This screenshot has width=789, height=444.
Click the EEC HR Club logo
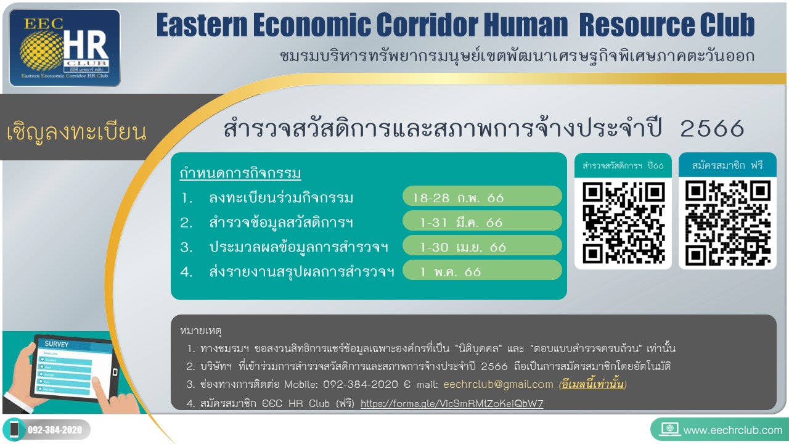pyautogui.click(x=65, y=48)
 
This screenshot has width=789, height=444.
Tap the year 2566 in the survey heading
pyautogui.click(x=712, y=128)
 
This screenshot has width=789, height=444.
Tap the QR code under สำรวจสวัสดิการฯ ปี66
pyautogui.click(x=623, y=223)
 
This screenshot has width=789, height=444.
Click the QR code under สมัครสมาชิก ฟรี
pyautogui.click(x=728, y=223)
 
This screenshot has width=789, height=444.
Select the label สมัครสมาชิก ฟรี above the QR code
pyautogui.click(x=727, y=165)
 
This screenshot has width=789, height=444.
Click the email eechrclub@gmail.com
pyautogui.click(x=498, y=384)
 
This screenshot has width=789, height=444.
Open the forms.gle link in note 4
pyautogui.click(x=452, y=403)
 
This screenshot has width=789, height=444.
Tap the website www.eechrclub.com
pyautogui.click(x=733, y=430)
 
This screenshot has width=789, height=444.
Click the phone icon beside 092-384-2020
pyautogui.click(x=14, y=429)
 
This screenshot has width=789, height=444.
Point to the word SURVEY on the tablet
pyautogui.click(x=56, y=344)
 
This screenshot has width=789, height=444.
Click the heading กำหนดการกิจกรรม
pyautogui.click(x=240, y=173)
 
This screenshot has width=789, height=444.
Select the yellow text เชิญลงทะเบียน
pyautogui.click(x=76, y=131)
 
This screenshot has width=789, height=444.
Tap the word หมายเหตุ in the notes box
pyautogui.click(x=200, y=331)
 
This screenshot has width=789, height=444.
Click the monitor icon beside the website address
pyautogui.click(x=669, y=429)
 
